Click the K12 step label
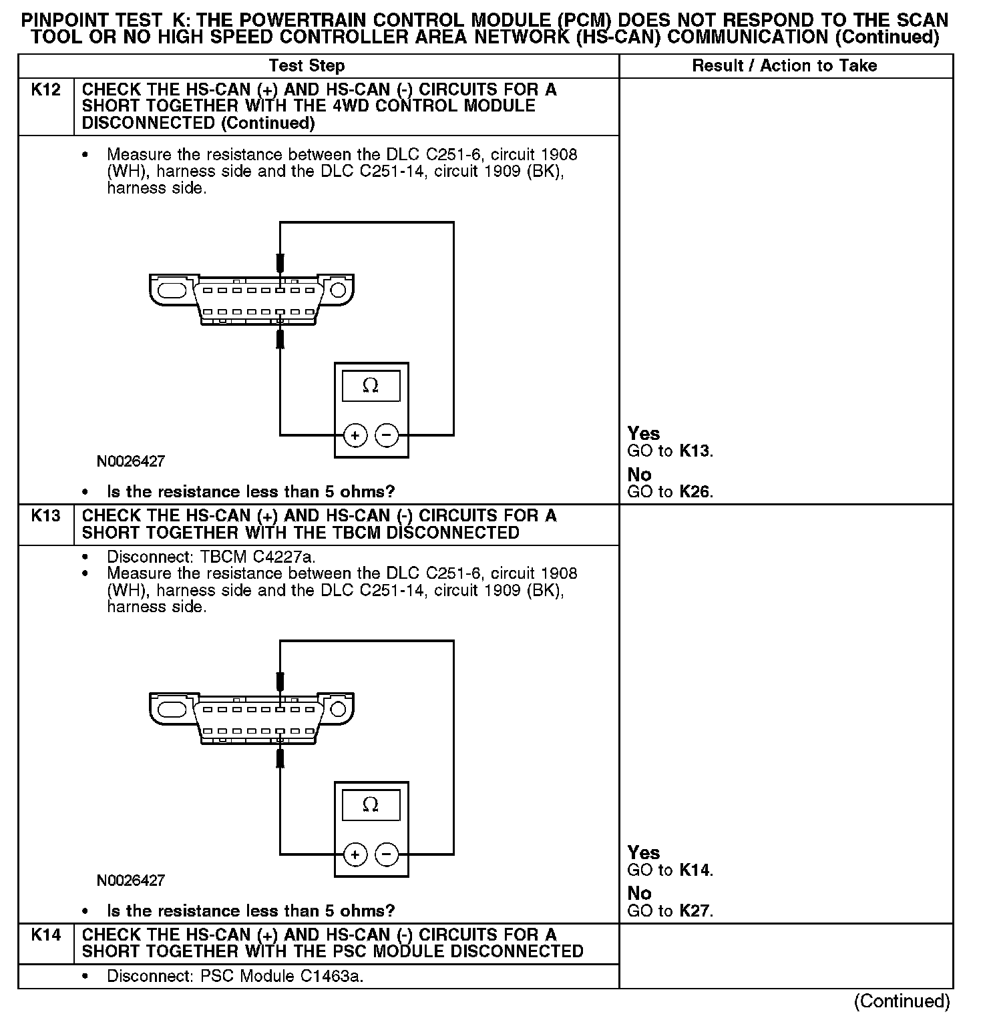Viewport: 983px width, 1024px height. (45, 89)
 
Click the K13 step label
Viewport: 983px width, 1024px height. (45, 516)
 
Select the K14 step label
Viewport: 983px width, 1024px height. (45, 935)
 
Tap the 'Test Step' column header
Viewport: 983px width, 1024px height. (307, 65)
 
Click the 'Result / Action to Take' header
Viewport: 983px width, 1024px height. (784, 65)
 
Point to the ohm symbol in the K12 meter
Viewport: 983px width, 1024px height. (371, 386)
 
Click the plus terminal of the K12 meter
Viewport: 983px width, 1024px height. (355, 436)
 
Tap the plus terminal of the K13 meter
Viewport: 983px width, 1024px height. (355, 854)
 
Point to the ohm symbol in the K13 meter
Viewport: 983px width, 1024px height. (371, 805)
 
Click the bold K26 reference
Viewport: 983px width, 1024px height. (695, 493)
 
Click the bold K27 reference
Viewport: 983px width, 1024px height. (695, 911)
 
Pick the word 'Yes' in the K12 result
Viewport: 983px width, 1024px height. (644, 434)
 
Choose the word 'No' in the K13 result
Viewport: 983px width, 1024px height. (639, 893)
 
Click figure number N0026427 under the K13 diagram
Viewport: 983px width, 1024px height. (131, 880)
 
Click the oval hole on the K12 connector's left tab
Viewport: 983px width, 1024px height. (172, 290)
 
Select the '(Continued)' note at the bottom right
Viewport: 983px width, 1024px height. (902, 1001)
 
